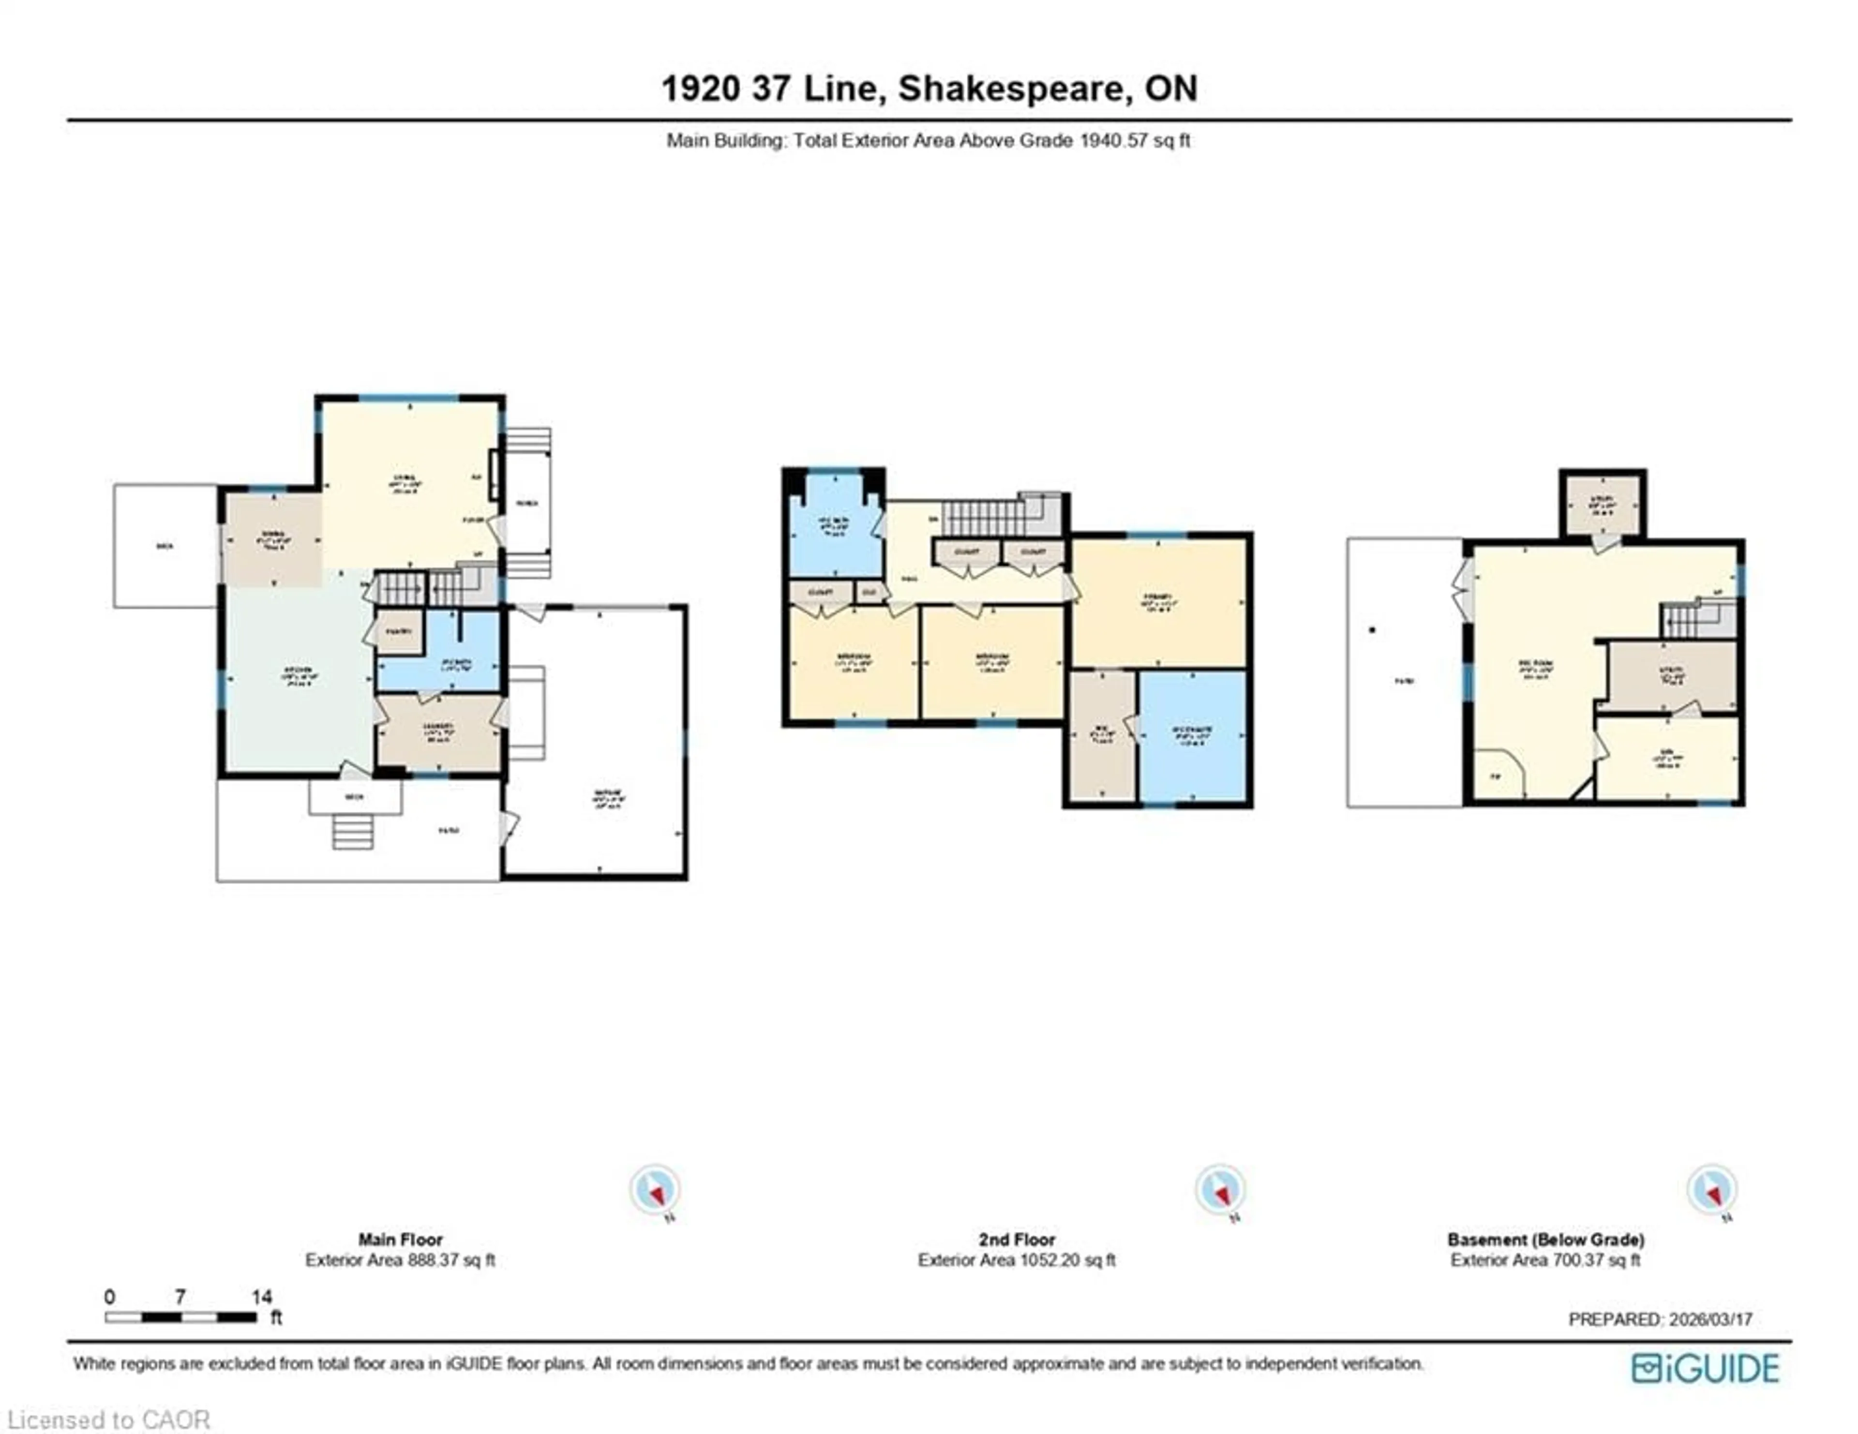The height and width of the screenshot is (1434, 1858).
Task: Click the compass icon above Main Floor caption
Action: pos(654,1189)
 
